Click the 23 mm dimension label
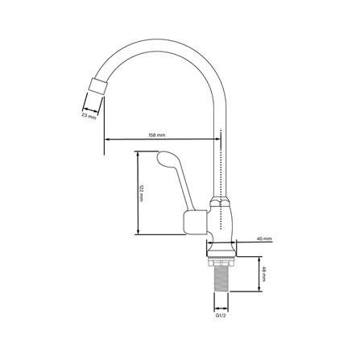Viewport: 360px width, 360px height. click(x=89, y=116)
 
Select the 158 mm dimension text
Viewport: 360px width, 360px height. click(x=157, y=135)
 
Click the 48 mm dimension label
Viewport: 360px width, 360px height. click(x=263, y=274)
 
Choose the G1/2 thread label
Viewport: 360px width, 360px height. click(x=221, y=316)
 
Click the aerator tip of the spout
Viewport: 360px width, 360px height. click(x=98, y=86)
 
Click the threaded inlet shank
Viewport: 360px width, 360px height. click(x=221, y=278)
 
